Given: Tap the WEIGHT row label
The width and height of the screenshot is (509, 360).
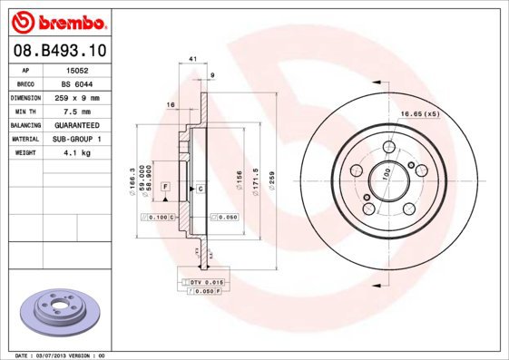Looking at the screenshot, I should click(x=25, y=153).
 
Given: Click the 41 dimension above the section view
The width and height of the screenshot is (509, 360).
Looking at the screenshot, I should click(x=192, y=59).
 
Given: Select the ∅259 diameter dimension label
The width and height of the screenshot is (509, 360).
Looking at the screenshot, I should click(x=271, y=172).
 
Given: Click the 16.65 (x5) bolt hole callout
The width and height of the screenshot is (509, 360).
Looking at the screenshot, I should click(x=419, y=114).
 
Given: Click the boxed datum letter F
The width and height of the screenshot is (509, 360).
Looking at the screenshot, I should click(x=166, y=185).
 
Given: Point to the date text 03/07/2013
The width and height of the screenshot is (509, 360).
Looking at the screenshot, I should click(x=50, y=355).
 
